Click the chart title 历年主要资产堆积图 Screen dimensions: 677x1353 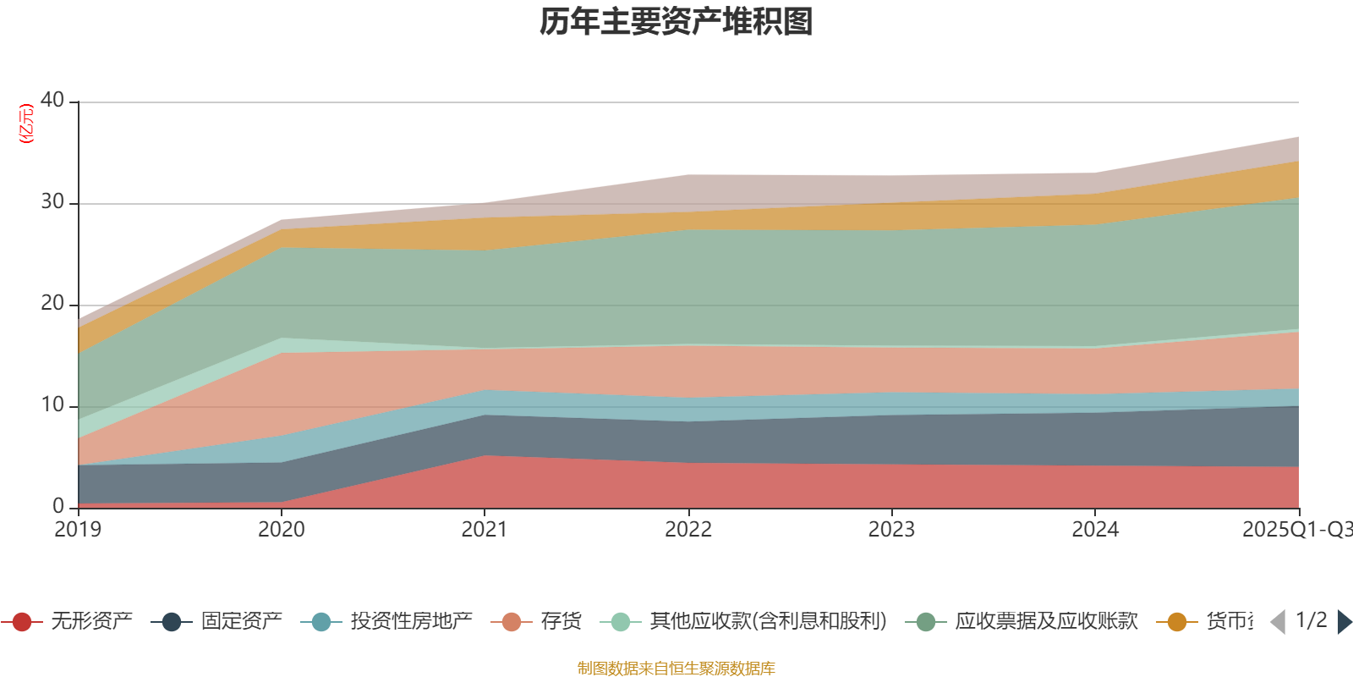point(676,22)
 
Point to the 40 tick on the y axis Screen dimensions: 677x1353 point(52,100)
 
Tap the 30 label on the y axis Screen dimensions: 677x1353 point(52,201)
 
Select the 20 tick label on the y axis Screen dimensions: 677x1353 point(52,303)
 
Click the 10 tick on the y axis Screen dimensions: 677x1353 point(52,405)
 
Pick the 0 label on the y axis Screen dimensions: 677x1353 point(58,506)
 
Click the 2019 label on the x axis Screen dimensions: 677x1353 point(78,530)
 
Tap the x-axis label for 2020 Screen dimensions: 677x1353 point(282,530)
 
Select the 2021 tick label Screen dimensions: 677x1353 point(485,530)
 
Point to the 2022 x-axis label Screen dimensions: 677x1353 point(688,530)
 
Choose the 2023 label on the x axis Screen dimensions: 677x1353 point(891,530)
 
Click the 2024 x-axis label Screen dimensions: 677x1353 point(1095,530)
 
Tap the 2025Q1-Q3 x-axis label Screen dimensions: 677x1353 point(1295,530)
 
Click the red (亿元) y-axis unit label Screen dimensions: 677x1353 point(27,124)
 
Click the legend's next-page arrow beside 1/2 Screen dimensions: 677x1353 point(1344,622)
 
